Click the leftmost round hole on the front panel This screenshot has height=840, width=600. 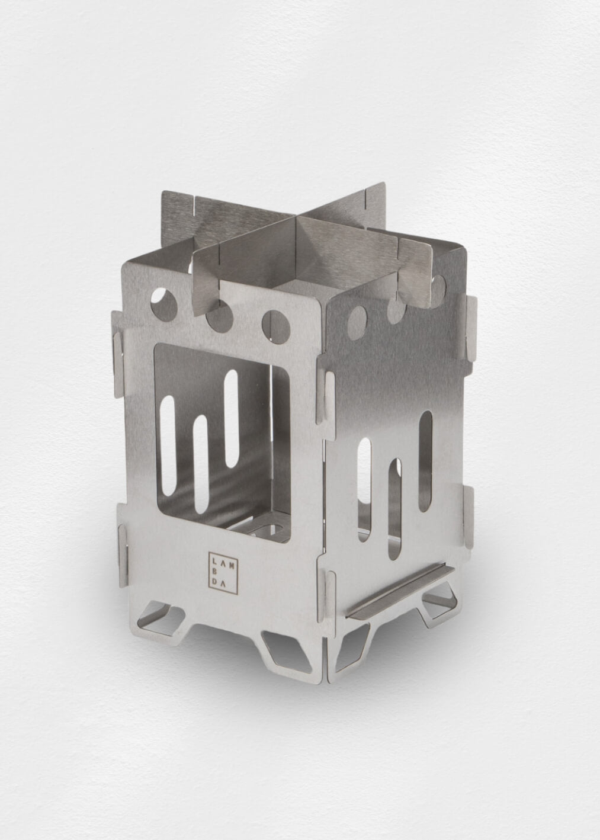[164, 300]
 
